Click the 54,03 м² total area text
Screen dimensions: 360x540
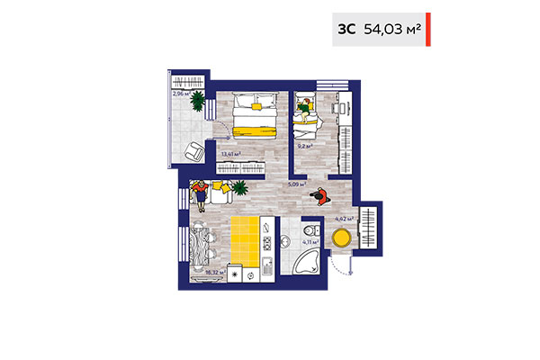392,29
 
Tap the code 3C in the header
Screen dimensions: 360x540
346,29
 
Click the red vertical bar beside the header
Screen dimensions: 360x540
428,29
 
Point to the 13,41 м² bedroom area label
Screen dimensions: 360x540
230,154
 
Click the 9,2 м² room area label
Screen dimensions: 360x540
305,144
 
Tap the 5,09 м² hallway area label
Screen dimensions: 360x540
294,184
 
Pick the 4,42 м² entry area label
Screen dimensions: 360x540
343,218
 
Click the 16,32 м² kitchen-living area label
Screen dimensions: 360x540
214,268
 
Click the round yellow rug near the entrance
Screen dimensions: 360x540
342,239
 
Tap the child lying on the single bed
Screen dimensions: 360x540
306,106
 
